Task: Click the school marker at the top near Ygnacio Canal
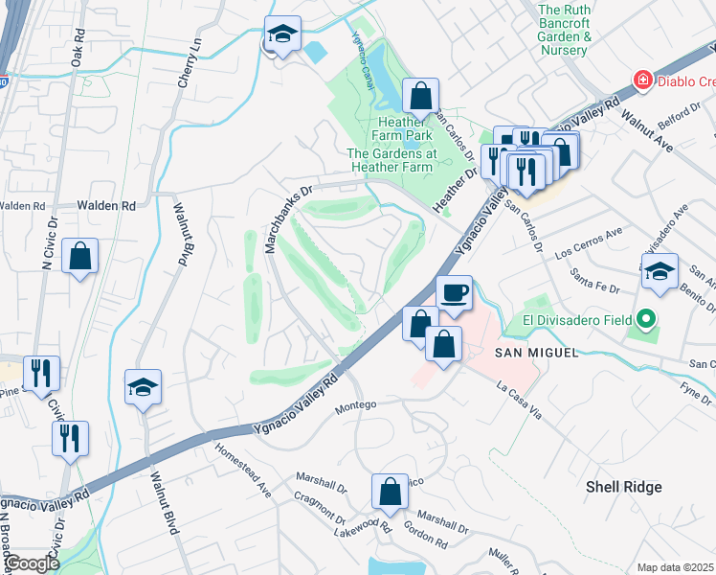click(282, 36)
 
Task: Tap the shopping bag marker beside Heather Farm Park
click(420, 97)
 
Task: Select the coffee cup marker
click(455, 292)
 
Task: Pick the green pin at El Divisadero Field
click(645, 319)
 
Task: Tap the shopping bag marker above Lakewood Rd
click(390, 494)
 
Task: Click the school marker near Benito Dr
click(660, 273)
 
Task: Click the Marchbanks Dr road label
click(288, 218)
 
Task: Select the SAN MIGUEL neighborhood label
click(537, 354)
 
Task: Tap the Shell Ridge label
click(623, 487)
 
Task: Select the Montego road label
click(357, 405)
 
